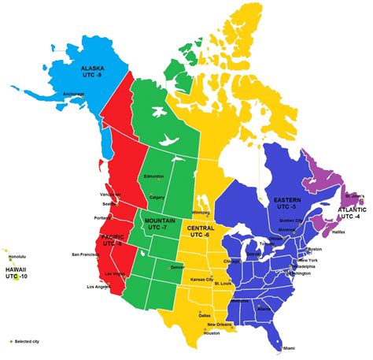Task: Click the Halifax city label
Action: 341,231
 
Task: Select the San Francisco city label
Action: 86,254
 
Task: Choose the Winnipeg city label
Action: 201,212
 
